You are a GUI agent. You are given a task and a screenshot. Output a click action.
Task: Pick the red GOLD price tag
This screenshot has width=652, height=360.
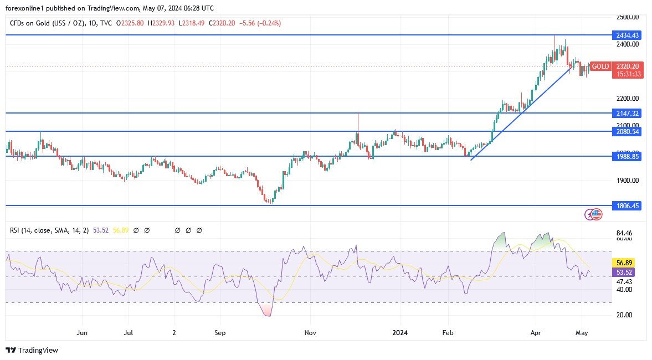point(600,66)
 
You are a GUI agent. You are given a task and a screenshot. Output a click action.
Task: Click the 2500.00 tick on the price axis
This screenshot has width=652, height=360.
point(627,17)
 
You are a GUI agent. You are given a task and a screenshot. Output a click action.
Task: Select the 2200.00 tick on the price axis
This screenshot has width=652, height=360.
point(627,99)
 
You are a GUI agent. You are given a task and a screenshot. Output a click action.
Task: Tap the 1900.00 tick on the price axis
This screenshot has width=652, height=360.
point(627,181)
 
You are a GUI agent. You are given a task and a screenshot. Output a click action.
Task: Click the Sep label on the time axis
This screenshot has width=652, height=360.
point(220,333)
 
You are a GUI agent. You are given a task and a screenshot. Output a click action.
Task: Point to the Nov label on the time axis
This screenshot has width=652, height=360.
point(310,333)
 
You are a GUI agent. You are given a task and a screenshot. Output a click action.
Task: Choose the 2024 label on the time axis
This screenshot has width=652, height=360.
point(400,333)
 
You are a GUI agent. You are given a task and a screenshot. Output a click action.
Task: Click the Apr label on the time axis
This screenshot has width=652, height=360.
point(536,333)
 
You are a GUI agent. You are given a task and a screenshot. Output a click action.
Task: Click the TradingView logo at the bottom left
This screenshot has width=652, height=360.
point(32,350)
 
